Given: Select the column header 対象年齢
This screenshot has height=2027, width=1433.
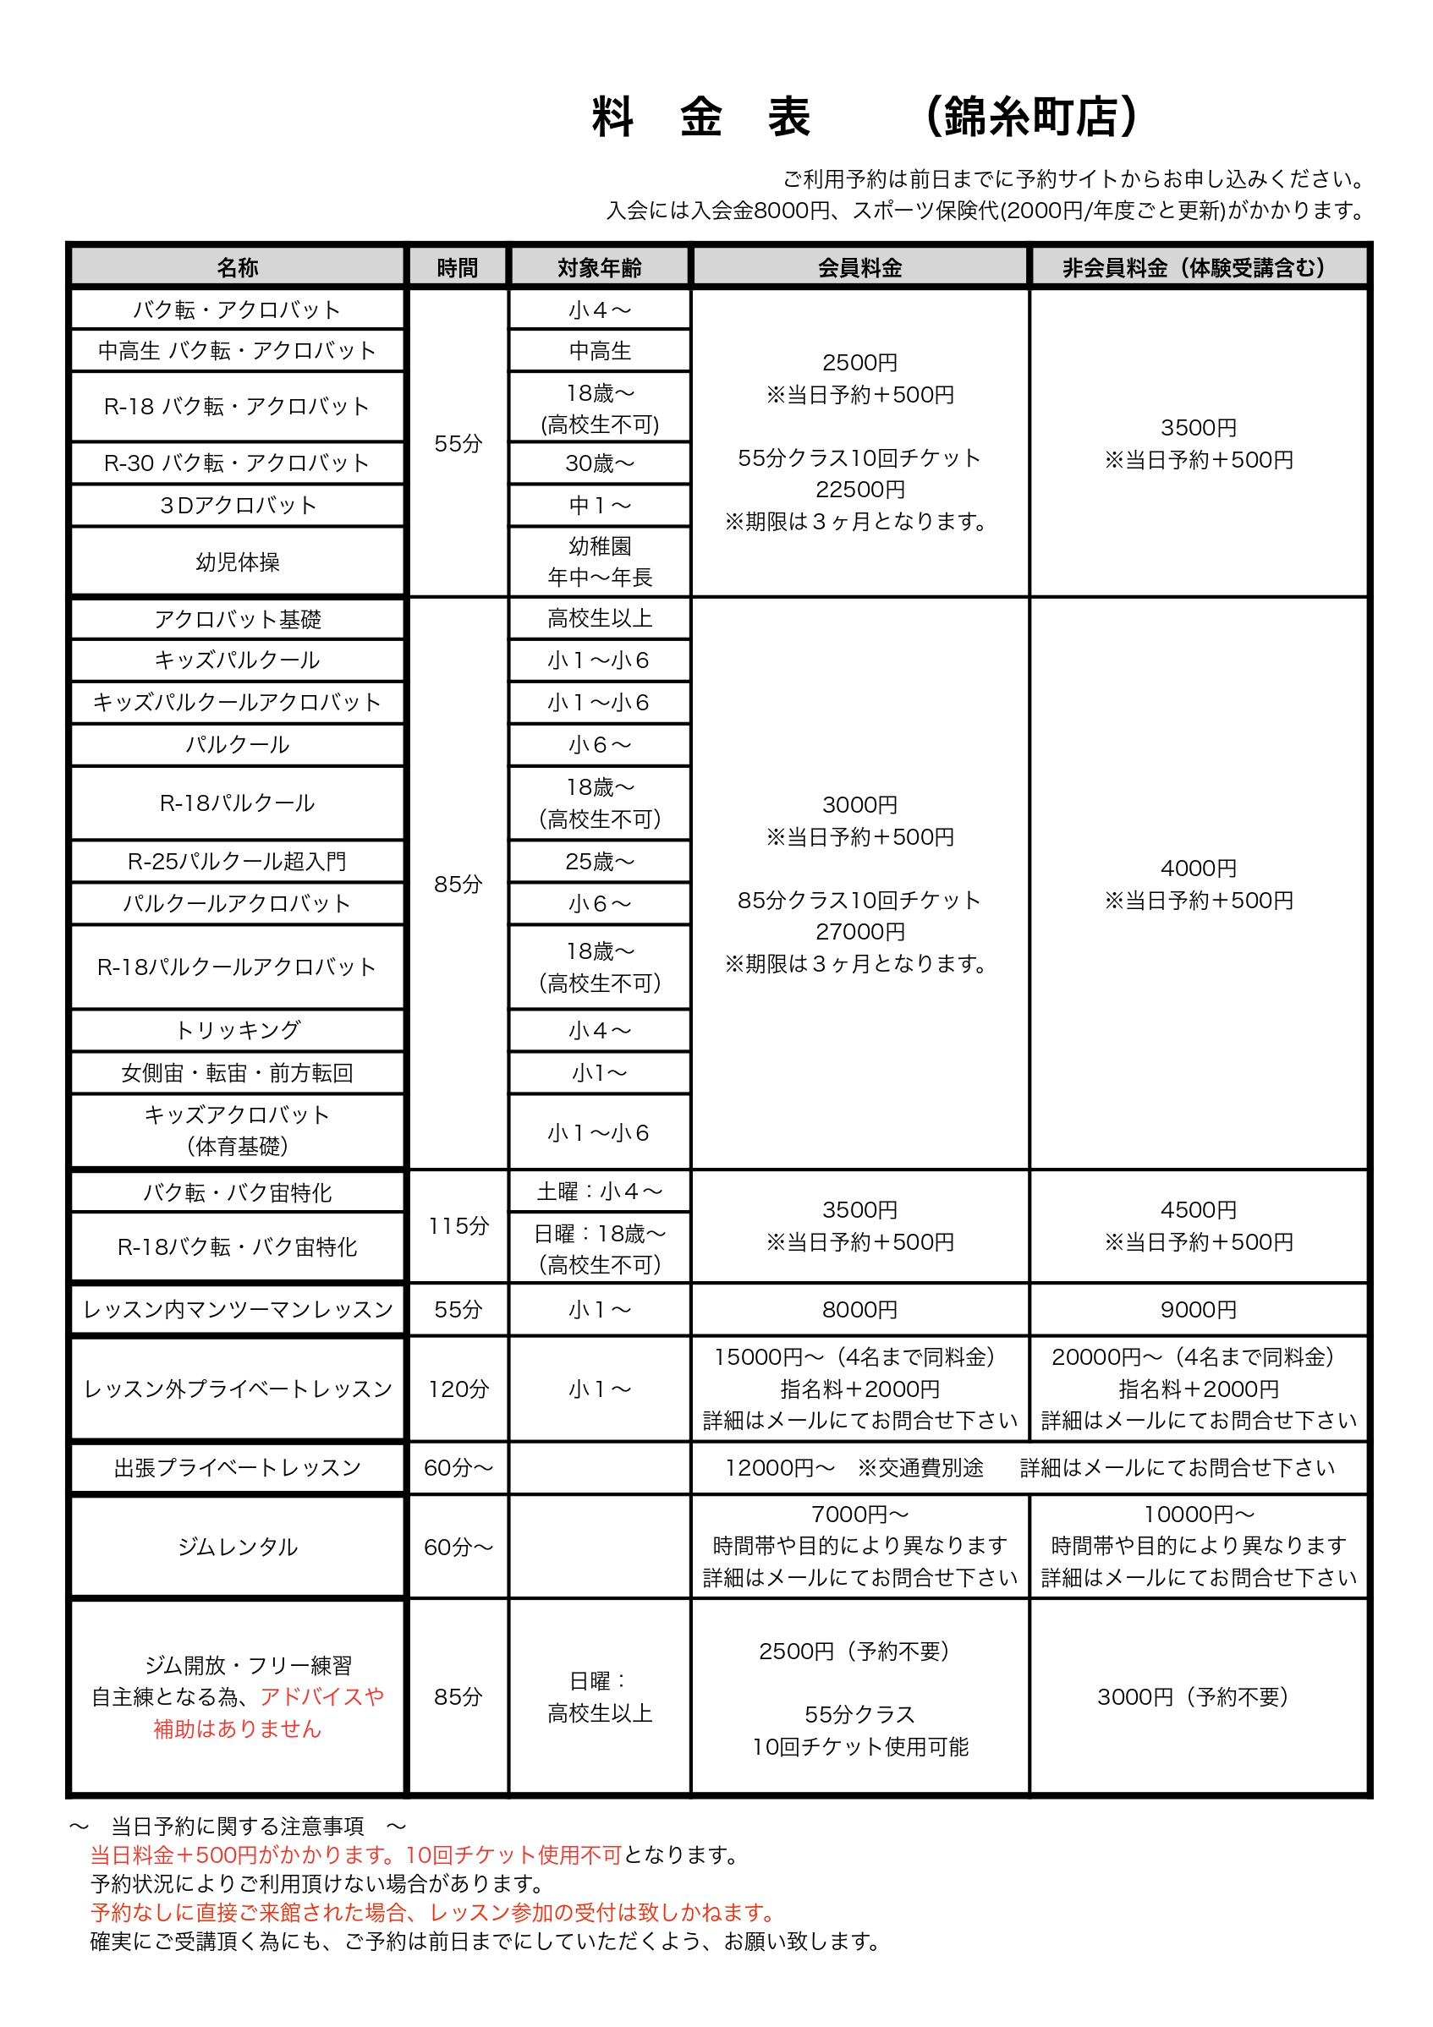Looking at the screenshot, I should [x=599, y=267].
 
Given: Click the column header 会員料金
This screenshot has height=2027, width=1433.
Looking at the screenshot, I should [x=859, y=267].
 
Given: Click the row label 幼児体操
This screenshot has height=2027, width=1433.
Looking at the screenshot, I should [x=238, y=562].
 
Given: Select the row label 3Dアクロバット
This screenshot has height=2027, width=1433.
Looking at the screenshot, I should [x=238, y=505].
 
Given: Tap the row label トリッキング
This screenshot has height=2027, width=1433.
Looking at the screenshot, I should [x=238, y=1029].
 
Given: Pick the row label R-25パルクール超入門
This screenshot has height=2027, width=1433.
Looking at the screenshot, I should [x=238, y=861].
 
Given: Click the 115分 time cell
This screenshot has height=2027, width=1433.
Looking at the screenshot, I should [x=458, y=1225].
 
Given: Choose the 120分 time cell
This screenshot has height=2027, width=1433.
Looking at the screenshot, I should [x=458, y=1389].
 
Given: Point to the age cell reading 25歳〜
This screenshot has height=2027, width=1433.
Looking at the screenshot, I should [x=600, y=861].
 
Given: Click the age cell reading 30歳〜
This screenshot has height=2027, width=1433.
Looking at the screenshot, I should [x=600, y=463].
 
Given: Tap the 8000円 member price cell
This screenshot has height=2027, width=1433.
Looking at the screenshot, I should [x=859, y=1309].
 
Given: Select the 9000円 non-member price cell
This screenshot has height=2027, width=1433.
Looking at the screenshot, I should [x=1198, y=1309].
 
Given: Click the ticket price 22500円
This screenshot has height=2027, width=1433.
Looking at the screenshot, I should [x=859, y=489].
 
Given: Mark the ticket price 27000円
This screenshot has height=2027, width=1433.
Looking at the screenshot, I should [x=859, y=931].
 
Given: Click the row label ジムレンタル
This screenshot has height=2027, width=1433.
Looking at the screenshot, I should [x=238, y=1547].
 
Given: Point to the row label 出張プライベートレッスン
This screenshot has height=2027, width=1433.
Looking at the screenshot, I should [x=238, y=1467].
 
